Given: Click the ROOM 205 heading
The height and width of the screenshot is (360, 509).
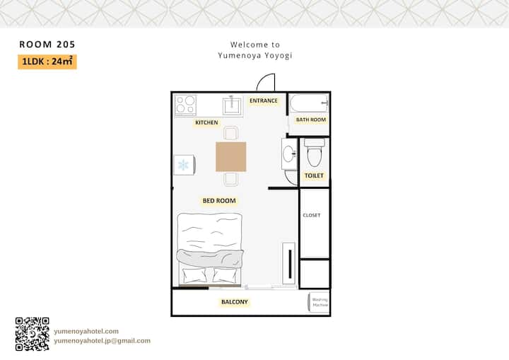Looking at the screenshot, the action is pyautogui.click(x=47, y=44).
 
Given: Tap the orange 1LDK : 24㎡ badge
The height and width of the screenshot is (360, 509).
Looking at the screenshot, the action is pyautogui.click(x=47, y=62).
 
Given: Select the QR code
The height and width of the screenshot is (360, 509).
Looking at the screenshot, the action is pyautogui.click(x=32, y=334).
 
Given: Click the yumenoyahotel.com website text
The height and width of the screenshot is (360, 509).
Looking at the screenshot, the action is pyautogui.click(x=86, y=331).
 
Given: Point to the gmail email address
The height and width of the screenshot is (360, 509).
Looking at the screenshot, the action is pyautogui.click(x=102, y=340).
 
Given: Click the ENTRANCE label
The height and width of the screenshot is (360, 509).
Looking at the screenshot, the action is pyautogui.click(x=264, y=100).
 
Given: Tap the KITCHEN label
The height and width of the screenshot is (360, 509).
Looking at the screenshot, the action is pyautogui.click(x=206, y=122).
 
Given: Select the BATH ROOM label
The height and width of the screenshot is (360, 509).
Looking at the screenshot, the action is pyautogui.click(x=310, y=120).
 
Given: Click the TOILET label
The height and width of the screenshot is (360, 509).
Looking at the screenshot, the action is pyautogui.click(x=314, y=176).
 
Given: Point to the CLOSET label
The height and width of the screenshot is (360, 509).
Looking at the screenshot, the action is pyautogui.click(x=312, y=215).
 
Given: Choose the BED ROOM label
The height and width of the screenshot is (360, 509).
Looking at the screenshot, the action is pyautogui.click(x=219, y=201).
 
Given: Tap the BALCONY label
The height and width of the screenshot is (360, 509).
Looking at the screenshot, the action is pyautogui.click(x=235, y=302).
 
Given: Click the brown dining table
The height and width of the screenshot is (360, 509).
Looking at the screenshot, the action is pyautogui.click(x=230, y=156).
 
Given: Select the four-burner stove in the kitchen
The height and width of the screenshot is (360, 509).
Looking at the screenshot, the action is pyautogui.click(x=186, y=105).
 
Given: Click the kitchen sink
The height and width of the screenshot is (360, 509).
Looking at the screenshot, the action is pyautogui.click(x=232, y=105).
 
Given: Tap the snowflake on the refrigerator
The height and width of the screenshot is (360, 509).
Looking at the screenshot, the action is pyautogui.click(x=183, y=165).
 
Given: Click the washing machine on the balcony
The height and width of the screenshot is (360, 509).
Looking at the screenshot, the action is pyautogui.click(x=318, y=302).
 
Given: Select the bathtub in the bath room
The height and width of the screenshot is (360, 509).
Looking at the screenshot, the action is pyautogui.click(x=309, y=103).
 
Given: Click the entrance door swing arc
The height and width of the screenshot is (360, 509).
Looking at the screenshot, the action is pyautogui.click(x=262, y=79).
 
